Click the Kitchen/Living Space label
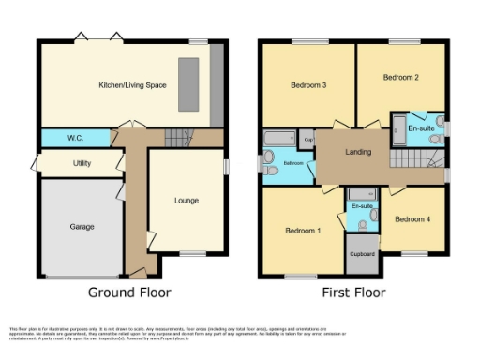[132, 85]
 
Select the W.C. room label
[76, 139]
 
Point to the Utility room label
[82, 163]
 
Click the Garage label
[82, 227]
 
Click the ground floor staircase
[177, 138]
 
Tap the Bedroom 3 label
[307, 85]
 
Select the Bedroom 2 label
[400, 78]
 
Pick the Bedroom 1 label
[303, 230]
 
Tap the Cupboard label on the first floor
[362, 254]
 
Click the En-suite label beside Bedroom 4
[362, 205]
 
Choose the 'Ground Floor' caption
[129, 292]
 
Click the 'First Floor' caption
[353, 292]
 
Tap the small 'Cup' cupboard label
[307, 140]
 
